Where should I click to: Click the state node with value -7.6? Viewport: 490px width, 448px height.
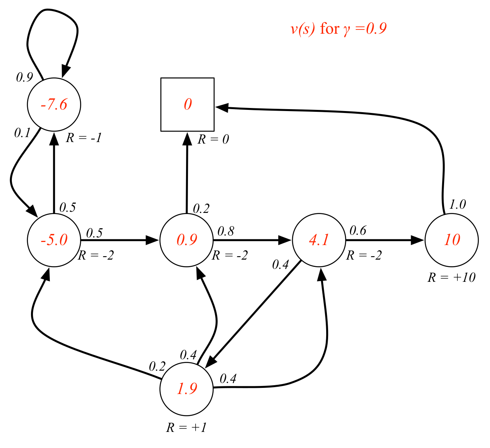point(54,105)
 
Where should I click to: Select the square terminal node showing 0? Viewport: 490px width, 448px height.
point(187,105)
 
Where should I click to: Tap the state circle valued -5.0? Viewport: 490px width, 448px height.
point(54,240)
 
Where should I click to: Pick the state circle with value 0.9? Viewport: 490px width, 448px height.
point(186,240)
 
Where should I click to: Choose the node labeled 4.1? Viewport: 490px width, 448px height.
point(319,240)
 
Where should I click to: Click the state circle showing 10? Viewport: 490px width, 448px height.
point(452,240)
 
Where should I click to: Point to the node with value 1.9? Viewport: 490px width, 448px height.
point(186,389)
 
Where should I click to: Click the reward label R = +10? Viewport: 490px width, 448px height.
point(451,277)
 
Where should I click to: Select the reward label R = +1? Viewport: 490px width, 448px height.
point(186,427)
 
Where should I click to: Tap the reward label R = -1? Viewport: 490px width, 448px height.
point(84,138)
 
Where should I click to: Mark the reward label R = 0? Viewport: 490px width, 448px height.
point(213,139)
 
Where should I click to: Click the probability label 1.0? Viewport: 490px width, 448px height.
point(457,205)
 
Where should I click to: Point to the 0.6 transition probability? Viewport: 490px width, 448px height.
point(358,231)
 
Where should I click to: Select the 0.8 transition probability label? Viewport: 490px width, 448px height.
point(226,231)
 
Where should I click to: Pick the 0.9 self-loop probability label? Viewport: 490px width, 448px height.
point(24,78)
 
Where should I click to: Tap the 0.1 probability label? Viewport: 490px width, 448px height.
point(22,133)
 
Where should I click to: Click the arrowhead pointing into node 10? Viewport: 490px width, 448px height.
point(418,240)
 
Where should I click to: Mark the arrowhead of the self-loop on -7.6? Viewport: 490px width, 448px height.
point(66,72)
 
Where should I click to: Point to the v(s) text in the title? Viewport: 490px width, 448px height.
point(303,29)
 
